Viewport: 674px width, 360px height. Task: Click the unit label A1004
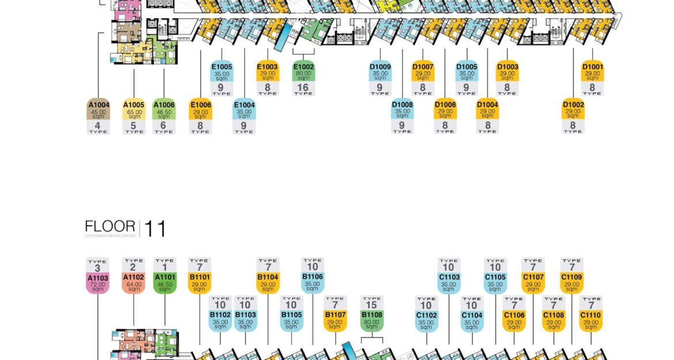(x=97, y=109)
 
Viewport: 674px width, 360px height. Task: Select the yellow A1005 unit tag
(x=134, y=109)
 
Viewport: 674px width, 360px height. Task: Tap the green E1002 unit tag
(x=303, y=71)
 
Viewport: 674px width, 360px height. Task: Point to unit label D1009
(x=380, y=71)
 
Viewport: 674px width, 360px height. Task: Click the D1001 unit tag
(x=592, y=71)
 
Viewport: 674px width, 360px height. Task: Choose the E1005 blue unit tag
(x=222, y=71)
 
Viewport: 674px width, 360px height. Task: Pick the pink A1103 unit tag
(x=97, y=283)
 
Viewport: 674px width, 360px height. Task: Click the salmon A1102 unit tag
(x=134, y=283)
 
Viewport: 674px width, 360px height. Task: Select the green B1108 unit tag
(x=372, y=320)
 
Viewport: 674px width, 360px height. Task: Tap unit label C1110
(x=590, y=320)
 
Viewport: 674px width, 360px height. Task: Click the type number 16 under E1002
(x=303, y=88)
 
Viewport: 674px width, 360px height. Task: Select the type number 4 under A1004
(x=97, y=126)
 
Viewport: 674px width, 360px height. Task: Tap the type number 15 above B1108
(x=372, y=304)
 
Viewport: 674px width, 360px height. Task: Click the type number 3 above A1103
(x=97, y=267)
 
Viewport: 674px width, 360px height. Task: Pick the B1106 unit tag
(x=312, y=283)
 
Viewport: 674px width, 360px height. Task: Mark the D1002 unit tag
(x=573, y=109)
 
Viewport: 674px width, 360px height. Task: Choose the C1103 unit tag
(x=449, y=283)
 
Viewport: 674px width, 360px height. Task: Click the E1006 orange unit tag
(x=200, y=109)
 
